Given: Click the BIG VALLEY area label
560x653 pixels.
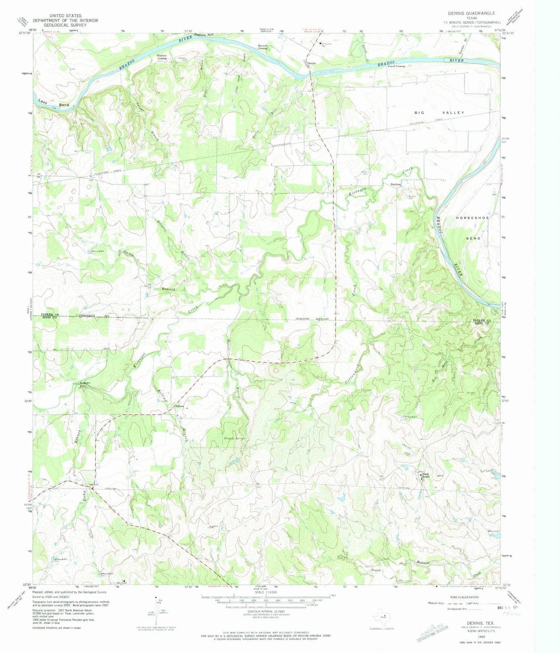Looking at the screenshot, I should click(432, 112).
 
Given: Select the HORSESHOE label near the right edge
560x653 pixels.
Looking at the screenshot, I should click(472, 218).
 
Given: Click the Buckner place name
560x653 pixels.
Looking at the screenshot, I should click(397, 185).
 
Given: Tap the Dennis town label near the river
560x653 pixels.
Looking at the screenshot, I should click(311, 63).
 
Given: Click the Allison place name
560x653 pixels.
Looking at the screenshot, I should click(180, 406).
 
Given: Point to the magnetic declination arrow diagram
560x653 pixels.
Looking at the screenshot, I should click(158, 610).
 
